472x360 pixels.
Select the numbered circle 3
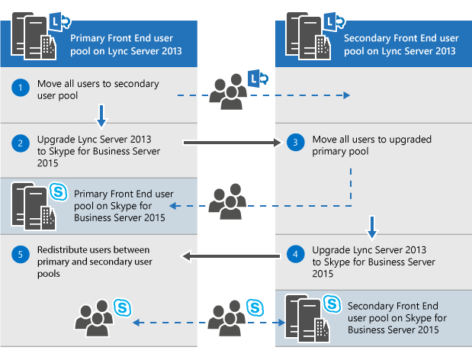(297, 142)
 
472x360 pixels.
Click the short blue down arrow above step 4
(371, 225)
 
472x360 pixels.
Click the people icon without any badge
(226, 201)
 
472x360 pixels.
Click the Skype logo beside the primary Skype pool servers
(58, 191)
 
